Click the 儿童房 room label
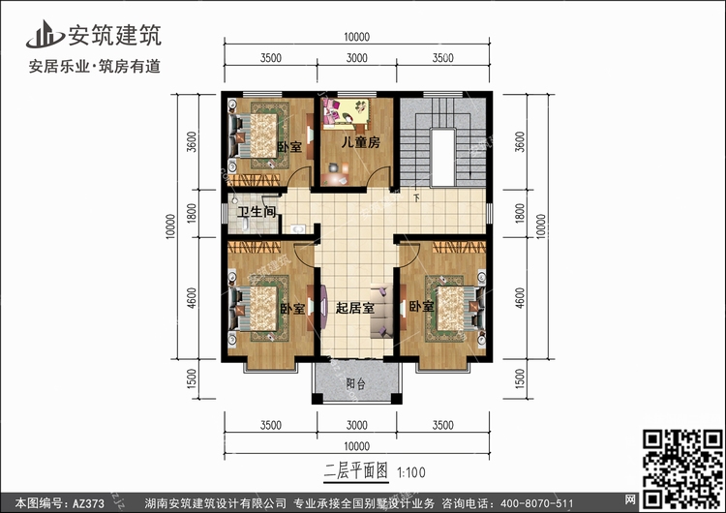[x=361, y=142]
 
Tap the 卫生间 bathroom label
[x=257, y=212]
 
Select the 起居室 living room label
[x=354, y=308]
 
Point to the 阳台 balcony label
[x=355, y=384]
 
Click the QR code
[x=682, y=468]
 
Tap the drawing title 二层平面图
[x=355, y=471]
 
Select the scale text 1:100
[x=411, y=472]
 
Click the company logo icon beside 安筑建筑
[x=45, y=35]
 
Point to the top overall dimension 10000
[x=357, y=37]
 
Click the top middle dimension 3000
[x=357, y=58]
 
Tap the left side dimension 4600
[x=192, y=298]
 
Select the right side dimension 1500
[x=520, y=378]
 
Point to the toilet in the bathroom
[x=246, y=226]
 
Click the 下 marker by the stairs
[x=416, y=198]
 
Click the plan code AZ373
[x=88, y=503]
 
